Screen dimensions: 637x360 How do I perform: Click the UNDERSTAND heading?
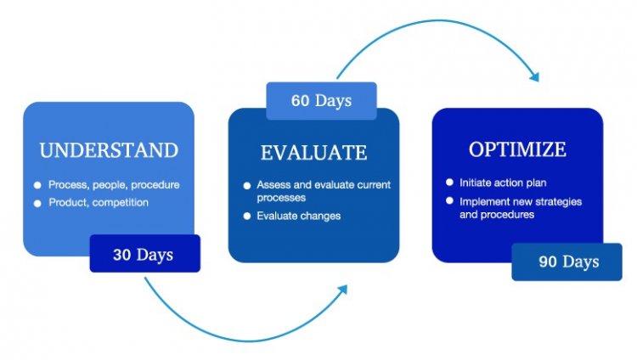(109, 150)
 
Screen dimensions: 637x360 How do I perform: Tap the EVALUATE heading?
(313, 153)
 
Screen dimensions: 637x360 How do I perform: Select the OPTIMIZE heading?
(517, 149)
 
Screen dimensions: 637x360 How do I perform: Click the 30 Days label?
(143, 255)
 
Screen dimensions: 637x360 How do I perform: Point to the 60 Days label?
(321, 100)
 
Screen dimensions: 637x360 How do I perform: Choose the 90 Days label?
(569, 262)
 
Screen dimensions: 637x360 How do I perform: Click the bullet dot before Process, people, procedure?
(37, 185)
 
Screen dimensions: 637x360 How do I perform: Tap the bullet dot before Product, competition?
(37, 203)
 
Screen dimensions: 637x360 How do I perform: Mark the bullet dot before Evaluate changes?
(247, 217)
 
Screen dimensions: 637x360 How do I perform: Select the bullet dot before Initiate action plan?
(449, 183)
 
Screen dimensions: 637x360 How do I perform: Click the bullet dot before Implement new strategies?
(449, 200)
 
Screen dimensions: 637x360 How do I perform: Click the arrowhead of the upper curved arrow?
(535, 76)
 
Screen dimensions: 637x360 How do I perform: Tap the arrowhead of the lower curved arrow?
(343, 290)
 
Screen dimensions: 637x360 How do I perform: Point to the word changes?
(320, 217)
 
